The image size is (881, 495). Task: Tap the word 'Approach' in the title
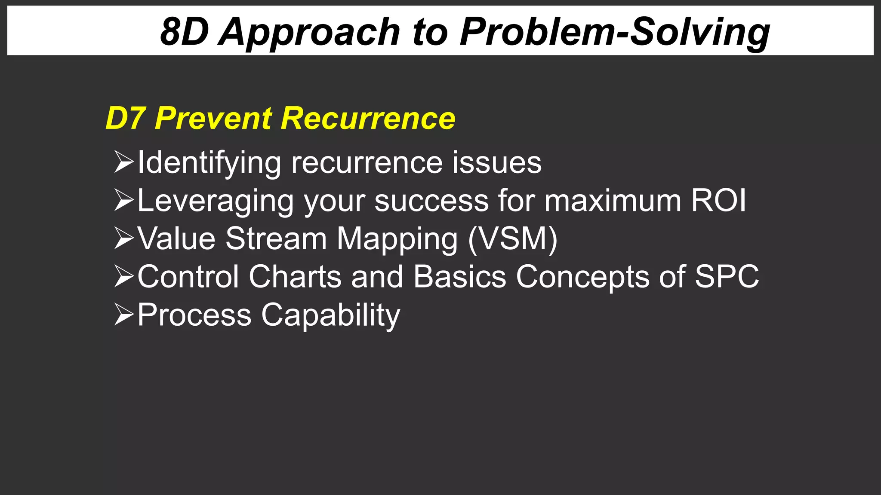(309, 32)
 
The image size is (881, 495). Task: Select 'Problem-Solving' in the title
(615, 32)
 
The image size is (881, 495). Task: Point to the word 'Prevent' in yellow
(213, 118)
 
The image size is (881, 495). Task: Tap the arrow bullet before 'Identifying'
(124, 162)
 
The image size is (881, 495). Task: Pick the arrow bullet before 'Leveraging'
(124, 200)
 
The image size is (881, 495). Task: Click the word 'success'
(431, 201)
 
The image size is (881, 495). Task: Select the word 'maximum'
(613, 201)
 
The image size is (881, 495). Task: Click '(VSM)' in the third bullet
(512, 238)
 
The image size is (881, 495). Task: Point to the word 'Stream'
(276, 238)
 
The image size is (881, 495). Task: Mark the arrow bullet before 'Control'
(124, 276)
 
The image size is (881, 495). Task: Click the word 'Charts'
(295, 276)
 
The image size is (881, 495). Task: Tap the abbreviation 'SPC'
(727, 276)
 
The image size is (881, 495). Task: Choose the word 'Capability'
(330, 315)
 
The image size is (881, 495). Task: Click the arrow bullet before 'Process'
(124, 315)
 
